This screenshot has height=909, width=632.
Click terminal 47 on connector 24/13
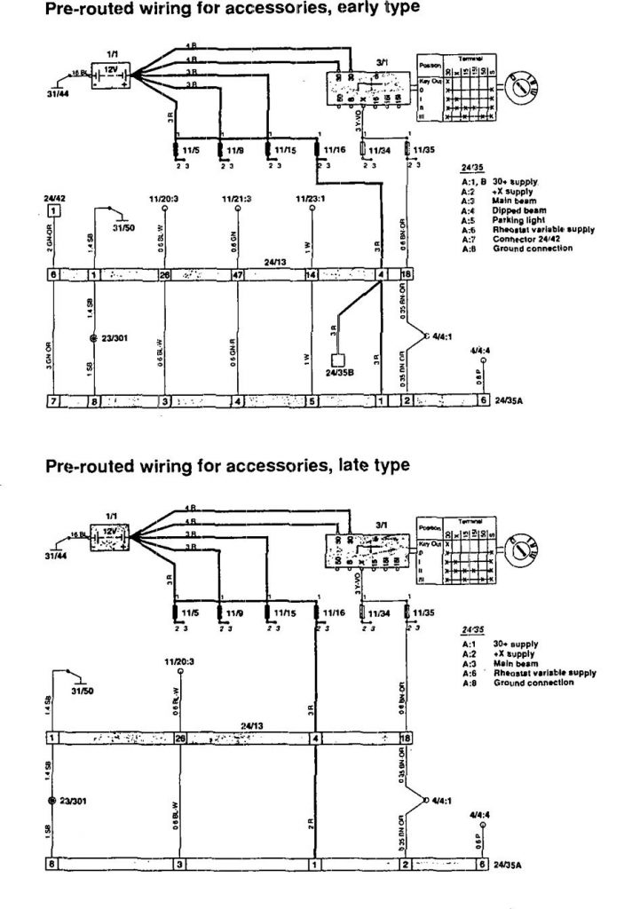(236, 276)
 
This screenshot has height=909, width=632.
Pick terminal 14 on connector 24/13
(311, 276)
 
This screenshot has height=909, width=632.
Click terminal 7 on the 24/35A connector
(53, 402)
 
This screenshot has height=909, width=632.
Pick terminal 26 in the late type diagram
(180, 738)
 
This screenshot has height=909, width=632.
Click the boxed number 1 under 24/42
(55, 210)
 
